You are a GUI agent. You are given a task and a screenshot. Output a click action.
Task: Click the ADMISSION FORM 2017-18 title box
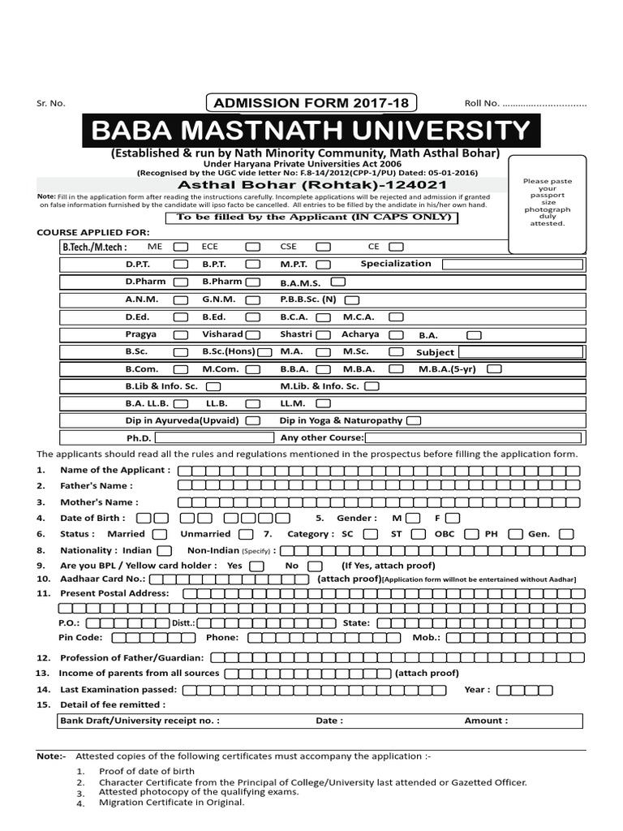[311, 103]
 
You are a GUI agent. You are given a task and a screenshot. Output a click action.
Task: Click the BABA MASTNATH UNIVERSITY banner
[311, 131]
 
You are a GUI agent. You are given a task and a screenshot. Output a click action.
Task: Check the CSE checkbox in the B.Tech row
[323, 246]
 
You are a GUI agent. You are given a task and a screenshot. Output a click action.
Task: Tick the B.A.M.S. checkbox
[338, 282]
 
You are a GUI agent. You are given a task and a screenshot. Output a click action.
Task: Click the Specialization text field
[512, 265]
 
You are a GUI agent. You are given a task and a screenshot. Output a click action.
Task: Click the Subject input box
[520, 352]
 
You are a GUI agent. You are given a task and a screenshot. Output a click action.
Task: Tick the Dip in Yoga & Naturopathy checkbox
[414, 421]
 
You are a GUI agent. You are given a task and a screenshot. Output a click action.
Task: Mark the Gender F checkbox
[453, 518]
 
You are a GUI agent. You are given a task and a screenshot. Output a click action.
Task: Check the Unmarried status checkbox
[245, 534]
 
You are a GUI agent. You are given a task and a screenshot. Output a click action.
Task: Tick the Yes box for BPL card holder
[256, 566]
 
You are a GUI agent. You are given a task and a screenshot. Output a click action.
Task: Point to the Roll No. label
[481, 104]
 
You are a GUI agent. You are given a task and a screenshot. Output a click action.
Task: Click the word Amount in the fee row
[486, 721]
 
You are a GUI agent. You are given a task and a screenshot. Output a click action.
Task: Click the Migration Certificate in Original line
[170, 802]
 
